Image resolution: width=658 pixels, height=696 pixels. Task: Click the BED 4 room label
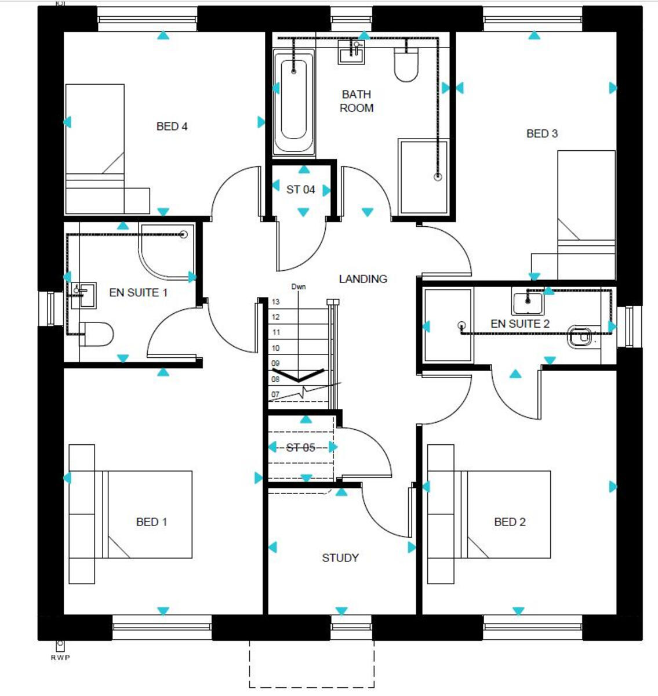[172, 126]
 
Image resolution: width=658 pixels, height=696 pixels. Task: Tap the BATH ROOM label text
[357, 101]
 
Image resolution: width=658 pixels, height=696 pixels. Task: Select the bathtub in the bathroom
[294, 101]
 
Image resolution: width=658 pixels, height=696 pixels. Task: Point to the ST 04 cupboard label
[300, 190]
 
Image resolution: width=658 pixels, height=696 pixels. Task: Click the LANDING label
[363, 279]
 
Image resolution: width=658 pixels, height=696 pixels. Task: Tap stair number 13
[276, 302]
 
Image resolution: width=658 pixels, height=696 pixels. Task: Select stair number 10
[276, 349]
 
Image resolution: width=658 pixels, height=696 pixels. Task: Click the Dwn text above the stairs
[299, 287]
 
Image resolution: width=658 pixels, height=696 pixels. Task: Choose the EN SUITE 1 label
[138, 293]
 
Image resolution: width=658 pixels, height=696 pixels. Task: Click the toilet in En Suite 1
[97, 334]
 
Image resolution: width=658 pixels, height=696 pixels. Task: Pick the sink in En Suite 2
[528, 302]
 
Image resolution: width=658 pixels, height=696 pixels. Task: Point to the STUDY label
[340, 558]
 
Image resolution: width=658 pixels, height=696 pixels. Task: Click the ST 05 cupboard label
[300, 448]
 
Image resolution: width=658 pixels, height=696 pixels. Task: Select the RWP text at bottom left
[60, 658]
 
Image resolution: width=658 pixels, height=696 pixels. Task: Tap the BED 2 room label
[510, 522]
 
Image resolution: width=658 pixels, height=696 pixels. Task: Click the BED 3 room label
[541, 134]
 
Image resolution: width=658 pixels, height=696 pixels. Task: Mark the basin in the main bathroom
[351, 54]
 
